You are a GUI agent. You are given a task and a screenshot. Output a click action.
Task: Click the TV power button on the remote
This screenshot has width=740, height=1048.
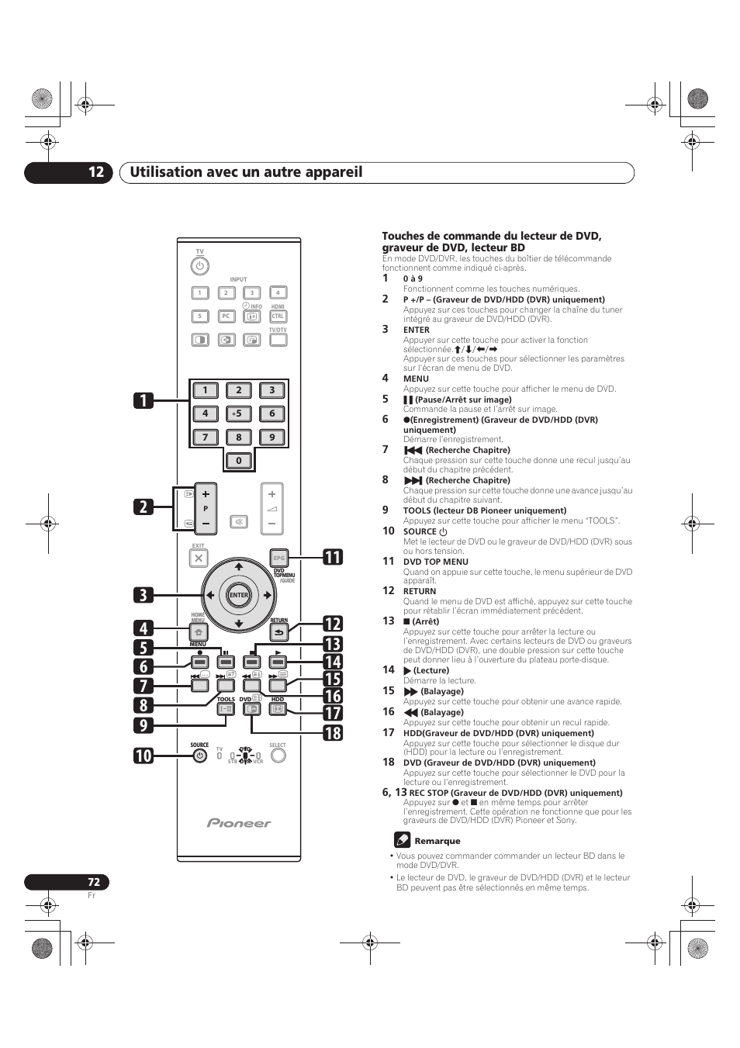(x=199, y=266)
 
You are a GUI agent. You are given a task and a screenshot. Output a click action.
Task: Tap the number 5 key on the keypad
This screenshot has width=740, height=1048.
(x=238, y=413)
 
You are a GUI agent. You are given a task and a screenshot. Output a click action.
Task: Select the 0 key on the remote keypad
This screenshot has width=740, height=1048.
(x=238, y=461)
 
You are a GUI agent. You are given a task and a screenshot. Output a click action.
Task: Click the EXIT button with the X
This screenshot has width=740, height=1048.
(x=199, y=558)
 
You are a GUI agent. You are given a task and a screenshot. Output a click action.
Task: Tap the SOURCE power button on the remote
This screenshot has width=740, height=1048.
(x=199, y=756)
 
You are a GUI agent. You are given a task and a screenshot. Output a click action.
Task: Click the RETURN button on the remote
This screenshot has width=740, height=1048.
(x=279, y=632)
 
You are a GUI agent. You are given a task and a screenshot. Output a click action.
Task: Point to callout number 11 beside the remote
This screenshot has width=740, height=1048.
(x=332, y=557)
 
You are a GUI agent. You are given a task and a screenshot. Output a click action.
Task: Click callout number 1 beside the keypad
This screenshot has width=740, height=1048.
(x=143, y=400)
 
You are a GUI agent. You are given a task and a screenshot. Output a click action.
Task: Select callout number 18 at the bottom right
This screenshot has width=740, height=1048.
(x=332, y=733)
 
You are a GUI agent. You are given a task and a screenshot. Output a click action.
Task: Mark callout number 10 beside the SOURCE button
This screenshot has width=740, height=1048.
(x=143, y=755)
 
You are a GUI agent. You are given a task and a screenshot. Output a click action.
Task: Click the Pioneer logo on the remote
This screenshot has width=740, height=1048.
(x=239, y=823)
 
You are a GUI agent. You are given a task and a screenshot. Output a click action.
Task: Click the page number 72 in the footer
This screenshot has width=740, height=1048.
(x=93, y=882)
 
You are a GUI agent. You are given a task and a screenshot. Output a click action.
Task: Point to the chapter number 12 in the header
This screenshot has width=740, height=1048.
(x=95, y=172)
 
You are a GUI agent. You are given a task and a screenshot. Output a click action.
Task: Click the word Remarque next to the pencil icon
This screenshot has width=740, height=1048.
(x=437, y=841)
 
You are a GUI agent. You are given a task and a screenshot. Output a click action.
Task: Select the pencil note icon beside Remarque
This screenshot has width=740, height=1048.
(x=402, y=839)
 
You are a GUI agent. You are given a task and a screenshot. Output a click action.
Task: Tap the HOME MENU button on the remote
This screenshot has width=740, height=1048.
(x=198, y=633)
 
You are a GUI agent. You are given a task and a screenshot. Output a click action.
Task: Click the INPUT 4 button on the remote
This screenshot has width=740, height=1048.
(x=278, y=293)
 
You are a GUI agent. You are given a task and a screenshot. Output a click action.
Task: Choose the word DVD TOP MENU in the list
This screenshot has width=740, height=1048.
(x=436, y=562)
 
